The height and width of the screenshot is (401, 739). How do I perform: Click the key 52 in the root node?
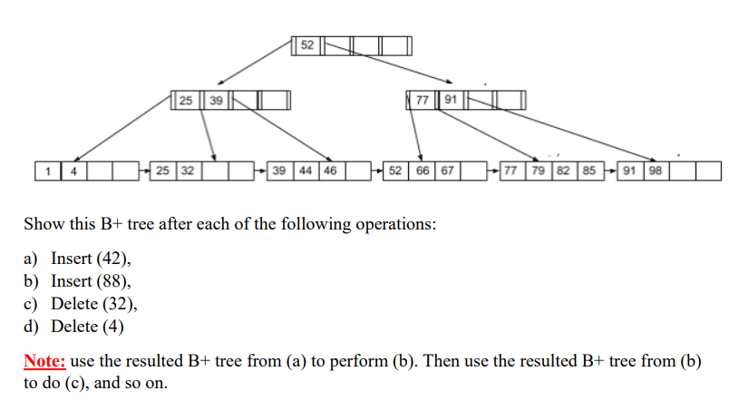306,44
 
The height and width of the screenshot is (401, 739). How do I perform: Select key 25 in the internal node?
185,100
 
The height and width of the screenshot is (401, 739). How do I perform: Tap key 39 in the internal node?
216,100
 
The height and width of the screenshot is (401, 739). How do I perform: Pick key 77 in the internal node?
422,100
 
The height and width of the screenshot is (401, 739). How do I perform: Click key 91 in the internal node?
451,100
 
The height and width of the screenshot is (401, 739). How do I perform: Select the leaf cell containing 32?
187,170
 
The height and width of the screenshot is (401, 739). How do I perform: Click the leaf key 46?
327,170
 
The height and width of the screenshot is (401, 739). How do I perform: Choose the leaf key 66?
423,170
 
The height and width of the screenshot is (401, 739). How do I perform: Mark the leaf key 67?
447,170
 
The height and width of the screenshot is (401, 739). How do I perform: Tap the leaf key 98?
655,170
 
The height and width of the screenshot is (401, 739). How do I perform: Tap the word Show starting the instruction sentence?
43,223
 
